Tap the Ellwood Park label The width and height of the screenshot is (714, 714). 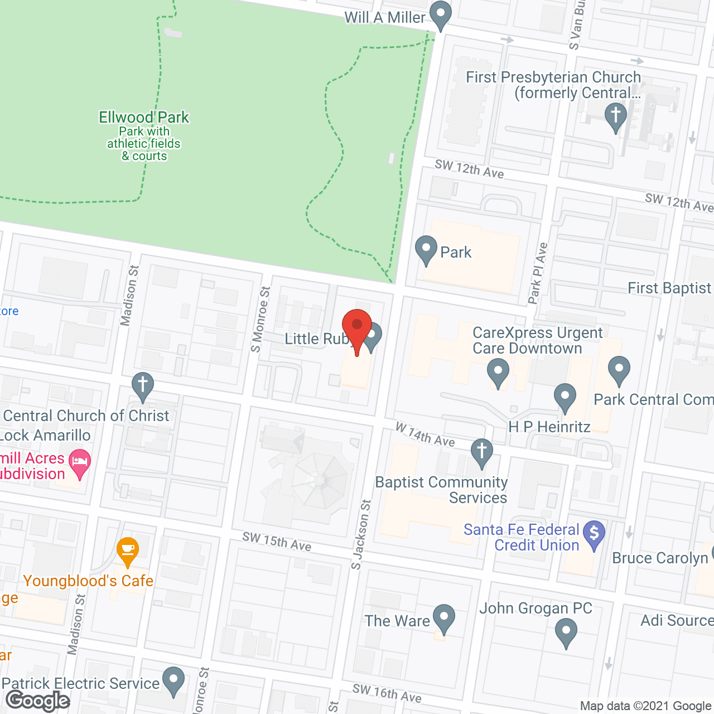click(144, 118)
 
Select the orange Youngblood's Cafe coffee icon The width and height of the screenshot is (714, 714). click(128, 550)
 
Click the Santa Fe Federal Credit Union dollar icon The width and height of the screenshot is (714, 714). click(594, 534)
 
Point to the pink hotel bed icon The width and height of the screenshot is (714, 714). click(80, 462)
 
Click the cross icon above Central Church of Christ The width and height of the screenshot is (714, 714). click(143, 385)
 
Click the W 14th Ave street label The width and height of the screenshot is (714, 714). click(425, 435)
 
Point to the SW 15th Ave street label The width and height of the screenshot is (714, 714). click(277, 541)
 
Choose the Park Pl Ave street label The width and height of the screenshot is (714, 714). click(538, 273)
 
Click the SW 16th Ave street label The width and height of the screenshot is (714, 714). click(387, 693)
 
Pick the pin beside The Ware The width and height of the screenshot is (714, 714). click(444, 617)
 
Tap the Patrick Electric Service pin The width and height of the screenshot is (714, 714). click(173, 680)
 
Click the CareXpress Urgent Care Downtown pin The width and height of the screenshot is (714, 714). click(498, 371)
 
